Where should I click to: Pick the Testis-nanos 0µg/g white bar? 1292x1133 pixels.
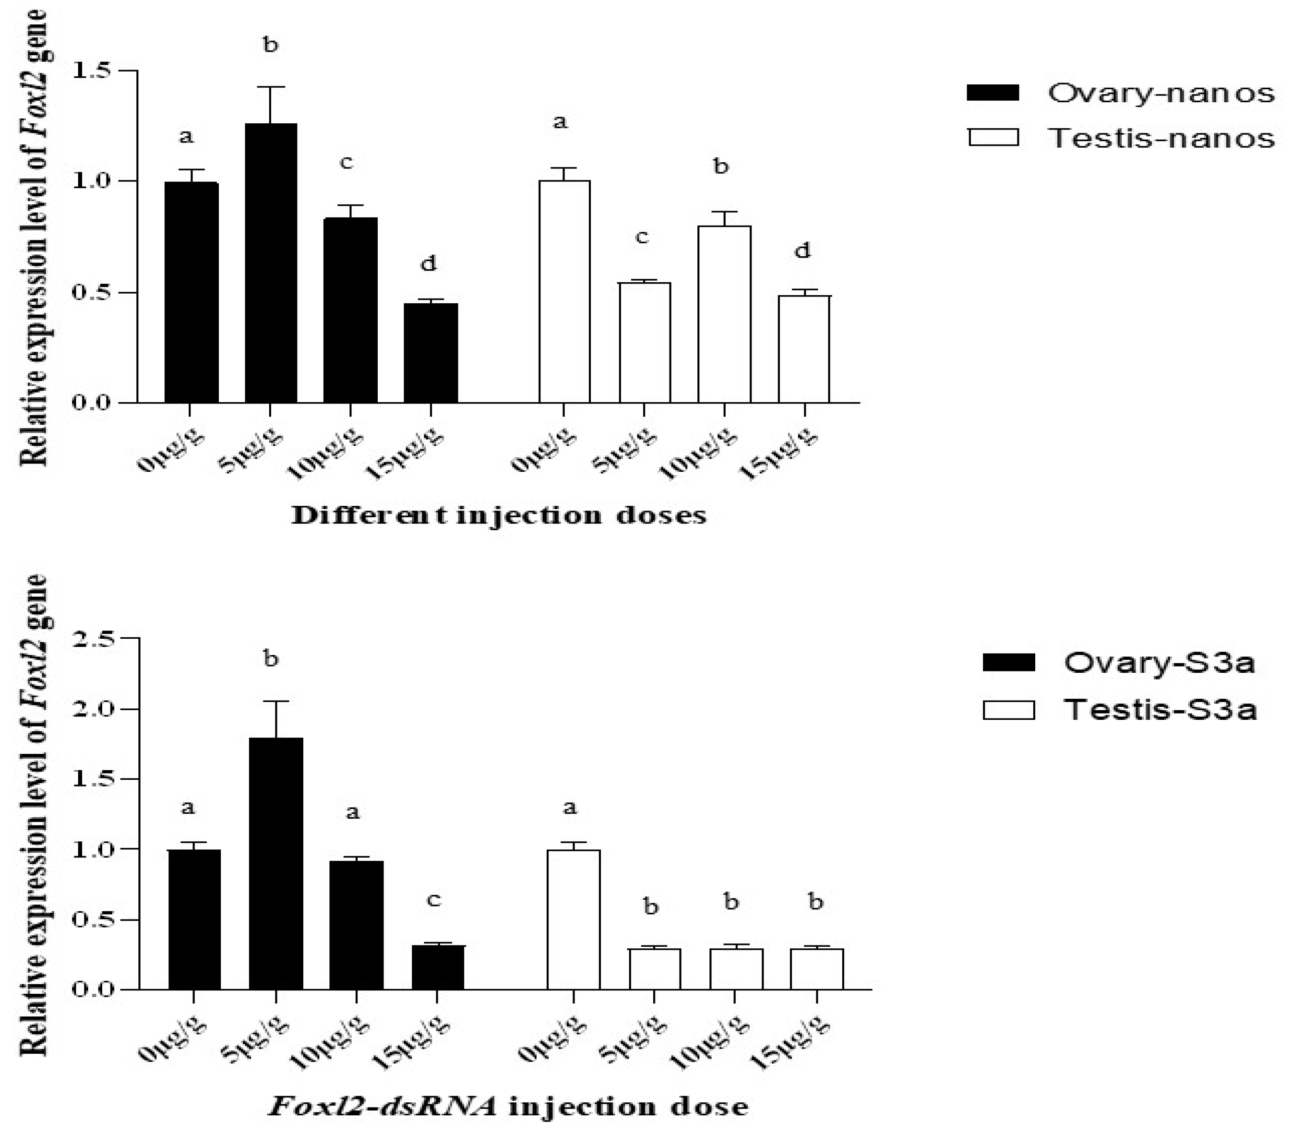pos(564,291)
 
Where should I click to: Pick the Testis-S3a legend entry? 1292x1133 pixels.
pos(1119,710)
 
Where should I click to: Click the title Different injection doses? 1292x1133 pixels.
pos(499,515)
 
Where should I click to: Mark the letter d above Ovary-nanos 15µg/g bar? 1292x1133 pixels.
pos(429,263)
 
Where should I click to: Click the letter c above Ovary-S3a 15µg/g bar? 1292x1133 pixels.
pos(433,899)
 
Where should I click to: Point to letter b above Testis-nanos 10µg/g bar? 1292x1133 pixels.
pos(720,166)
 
